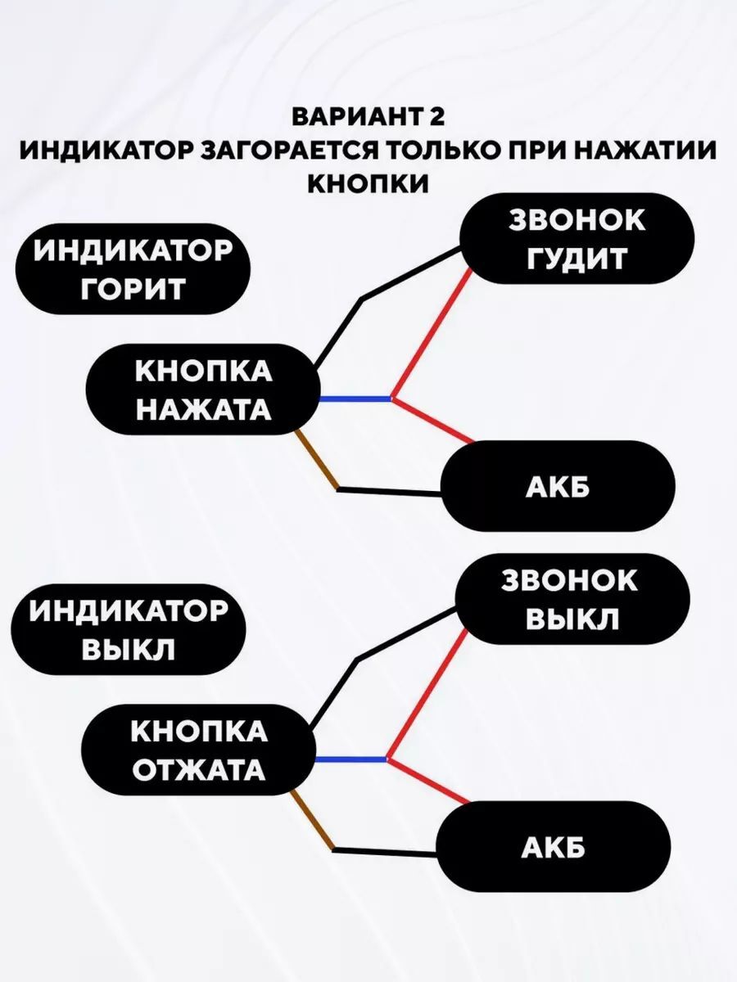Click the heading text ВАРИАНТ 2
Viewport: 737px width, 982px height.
coord(368,116)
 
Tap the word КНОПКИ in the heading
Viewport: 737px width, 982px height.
coord(368,184)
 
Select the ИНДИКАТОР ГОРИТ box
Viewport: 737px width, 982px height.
coord(132,269)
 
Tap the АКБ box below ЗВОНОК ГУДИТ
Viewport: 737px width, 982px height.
coord(558,487)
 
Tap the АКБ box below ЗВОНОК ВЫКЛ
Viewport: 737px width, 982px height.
coord(553,848)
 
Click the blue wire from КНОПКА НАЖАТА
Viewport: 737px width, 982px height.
coord(354,399)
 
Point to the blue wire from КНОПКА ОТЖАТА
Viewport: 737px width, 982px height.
coord(350,760)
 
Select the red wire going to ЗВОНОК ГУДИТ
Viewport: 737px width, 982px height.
coord(432,334)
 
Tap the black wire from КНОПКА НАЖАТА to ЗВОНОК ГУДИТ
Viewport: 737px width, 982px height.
coord(409,275)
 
